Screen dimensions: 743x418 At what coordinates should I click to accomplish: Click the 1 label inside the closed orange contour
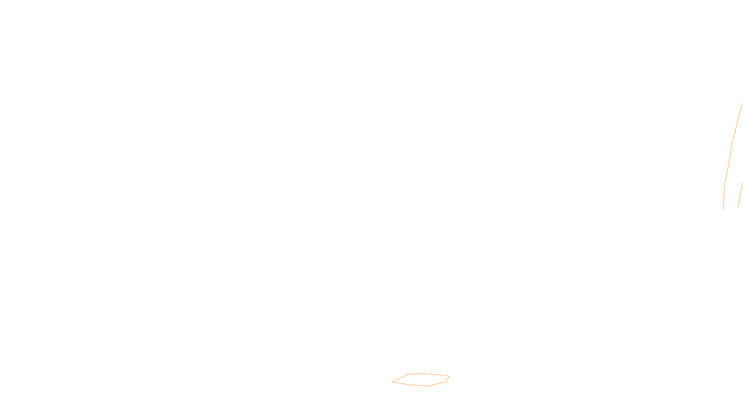(x=446, y=381)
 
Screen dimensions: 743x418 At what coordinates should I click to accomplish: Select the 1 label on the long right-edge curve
(x=735, y=131)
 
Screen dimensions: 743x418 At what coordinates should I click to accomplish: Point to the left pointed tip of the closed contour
(x=393, y=382)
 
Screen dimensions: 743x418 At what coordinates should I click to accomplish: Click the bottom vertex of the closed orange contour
(x=428, y=386)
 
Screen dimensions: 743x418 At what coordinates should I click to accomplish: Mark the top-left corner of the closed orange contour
(x=408, y=374)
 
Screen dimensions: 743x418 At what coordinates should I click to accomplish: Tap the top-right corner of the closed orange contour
(x=449, y=376)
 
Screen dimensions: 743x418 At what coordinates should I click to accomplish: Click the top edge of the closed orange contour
(x=425, y=373)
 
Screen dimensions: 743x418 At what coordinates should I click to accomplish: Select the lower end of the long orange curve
(x=723, y=209)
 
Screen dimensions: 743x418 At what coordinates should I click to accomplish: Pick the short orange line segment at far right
(x=740, y=195)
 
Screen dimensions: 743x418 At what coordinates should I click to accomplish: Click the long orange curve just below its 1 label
(x=731, y=149)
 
